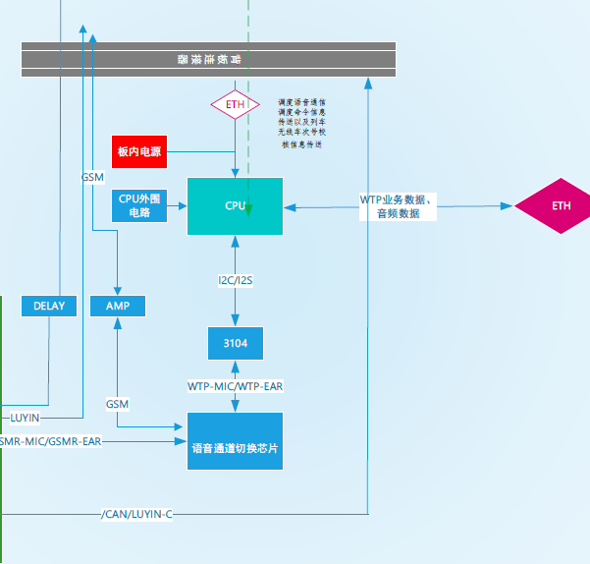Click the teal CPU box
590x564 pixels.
pos(235,205)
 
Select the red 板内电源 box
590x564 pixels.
pos(139,151)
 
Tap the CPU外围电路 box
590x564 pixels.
pos(139,204)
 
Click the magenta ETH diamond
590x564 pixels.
pos(561,205)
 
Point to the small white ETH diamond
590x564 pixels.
pos(235,103)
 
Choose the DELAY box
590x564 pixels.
pos(49,306)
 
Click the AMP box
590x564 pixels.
pos(117,306)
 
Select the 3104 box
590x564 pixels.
pos(235,343)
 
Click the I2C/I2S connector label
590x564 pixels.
pos(235,281)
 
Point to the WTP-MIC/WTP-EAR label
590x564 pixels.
pos(235,386)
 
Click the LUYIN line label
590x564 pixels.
pos(25,418)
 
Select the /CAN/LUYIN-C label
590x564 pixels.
pos(136,514)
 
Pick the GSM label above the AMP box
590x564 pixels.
pos(92,177)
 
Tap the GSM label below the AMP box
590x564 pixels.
pos(117,404)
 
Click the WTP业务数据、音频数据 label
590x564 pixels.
pos(397,206)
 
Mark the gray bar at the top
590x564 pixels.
pos(208,59)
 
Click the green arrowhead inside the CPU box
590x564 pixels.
pos(249,208)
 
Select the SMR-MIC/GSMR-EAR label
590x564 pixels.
pos(50,441)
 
